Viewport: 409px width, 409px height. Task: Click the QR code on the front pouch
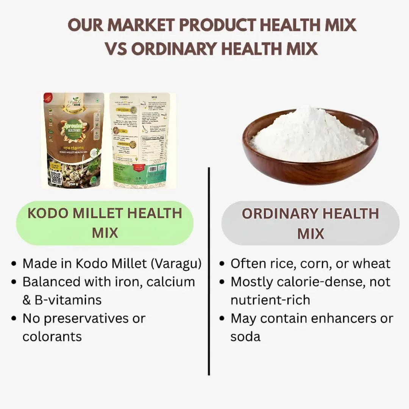56,178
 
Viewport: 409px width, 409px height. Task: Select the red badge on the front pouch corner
47,98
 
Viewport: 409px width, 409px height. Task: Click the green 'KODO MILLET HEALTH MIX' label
105,223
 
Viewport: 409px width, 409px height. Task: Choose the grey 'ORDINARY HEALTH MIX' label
310,223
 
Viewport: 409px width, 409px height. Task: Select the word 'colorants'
52,336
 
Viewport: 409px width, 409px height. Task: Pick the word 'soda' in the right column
245,336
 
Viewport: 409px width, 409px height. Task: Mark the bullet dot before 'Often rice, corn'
222,264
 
